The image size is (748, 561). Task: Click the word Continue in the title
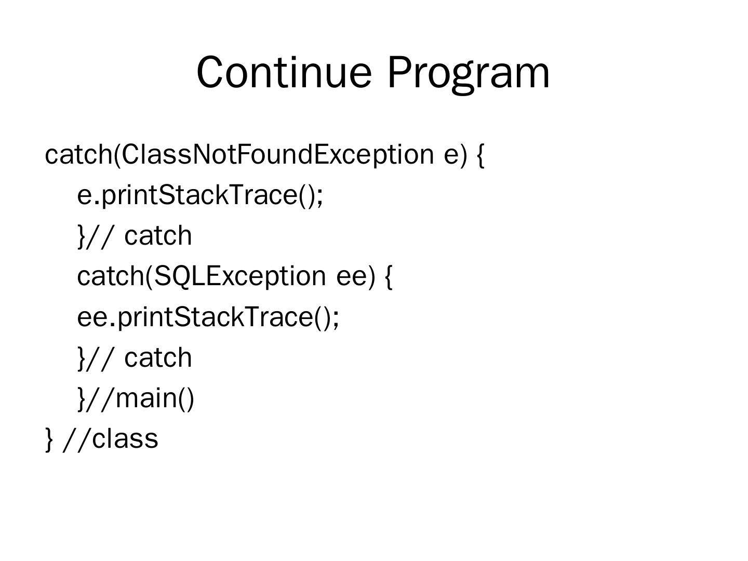point(284,72)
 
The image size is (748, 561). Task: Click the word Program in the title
point(469,75)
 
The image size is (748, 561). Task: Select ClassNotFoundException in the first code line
point(278,155)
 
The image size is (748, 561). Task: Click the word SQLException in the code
point(241,277)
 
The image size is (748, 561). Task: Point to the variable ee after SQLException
point(352,277)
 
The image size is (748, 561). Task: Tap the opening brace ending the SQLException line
point(389,277)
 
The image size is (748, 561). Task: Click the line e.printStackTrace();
point(200,196)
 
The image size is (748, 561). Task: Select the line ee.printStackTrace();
point(208,318)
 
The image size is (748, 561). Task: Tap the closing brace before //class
point(49,440)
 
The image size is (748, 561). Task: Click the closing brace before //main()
point(82,399)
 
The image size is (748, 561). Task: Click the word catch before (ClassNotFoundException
point(79,154)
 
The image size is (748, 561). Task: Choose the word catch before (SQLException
point(111,276)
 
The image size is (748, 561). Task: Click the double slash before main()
point(100,399)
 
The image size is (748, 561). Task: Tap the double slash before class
point(77,440)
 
